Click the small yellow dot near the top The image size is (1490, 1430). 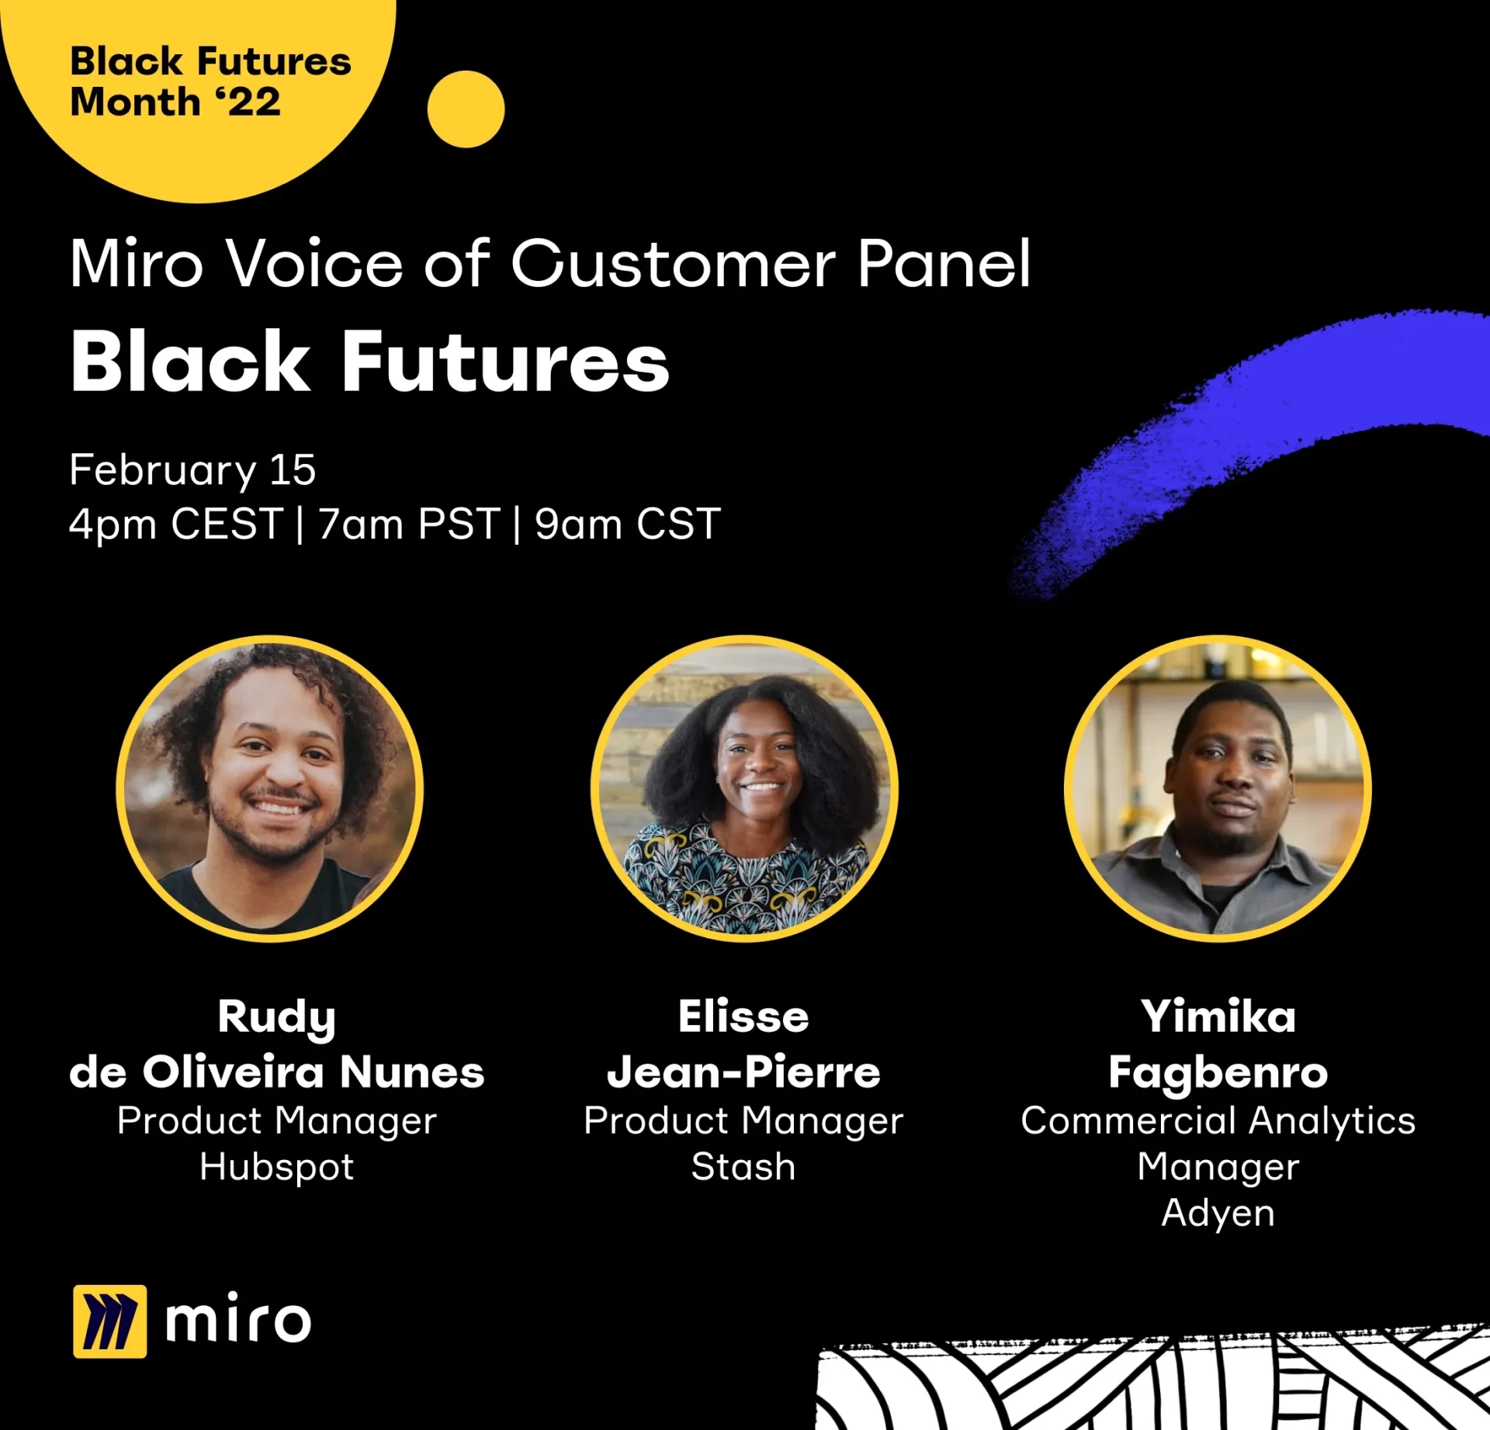[x=466, y=109]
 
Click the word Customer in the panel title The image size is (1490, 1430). [x=673, y=264]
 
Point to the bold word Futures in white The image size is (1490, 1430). [x=505, y=362]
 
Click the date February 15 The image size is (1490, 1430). [x=192, y=470]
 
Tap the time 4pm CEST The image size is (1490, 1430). [x=176, y=524]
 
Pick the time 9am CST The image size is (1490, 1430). [x=628, y=524]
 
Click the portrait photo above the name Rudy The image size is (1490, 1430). [x=270, y=788]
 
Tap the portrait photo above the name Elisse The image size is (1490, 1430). [x=744, y=788]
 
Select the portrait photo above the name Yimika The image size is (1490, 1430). [x=1218, y=788]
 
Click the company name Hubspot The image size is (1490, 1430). [x=277, y=1167]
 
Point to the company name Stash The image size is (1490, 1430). [x=743, y=1166]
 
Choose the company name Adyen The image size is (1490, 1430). [x=1218, y=1214]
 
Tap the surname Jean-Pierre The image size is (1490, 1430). [x=743, y=1072]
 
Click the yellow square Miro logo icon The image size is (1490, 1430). [x=109, y=1321]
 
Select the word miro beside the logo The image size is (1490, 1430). [x=238, y=1318]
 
